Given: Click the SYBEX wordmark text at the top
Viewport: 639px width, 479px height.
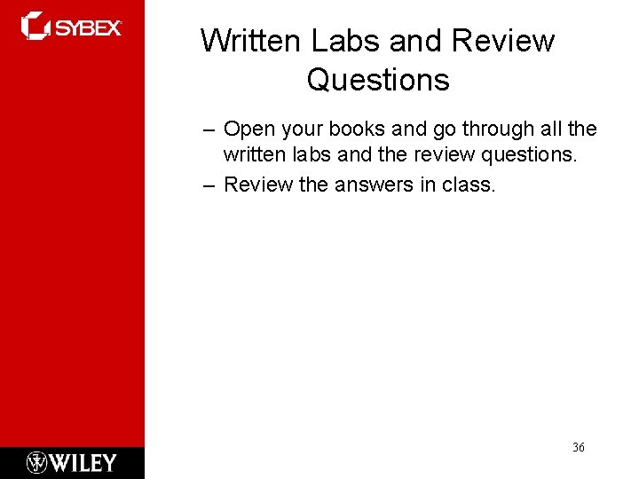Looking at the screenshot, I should click(x=89, y=28).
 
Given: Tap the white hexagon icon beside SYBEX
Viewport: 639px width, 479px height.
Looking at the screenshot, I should click(x=35, y=26).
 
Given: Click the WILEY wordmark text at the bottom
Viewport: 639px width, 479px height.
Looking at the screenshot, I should click(x=83, y=463).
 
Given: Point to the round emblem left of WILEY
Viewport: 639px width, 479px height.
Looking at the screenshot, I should click(x=37, y=463).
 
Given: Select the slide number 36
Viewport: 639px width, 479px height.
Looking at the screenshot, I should click(x=578, y=448).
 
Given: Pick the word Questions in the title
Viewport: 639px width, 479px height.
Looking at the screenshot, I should click(x=378, y=81).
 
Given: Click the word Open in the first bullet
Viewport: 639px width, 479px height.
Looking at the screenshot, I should click(x=248, y=130).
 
